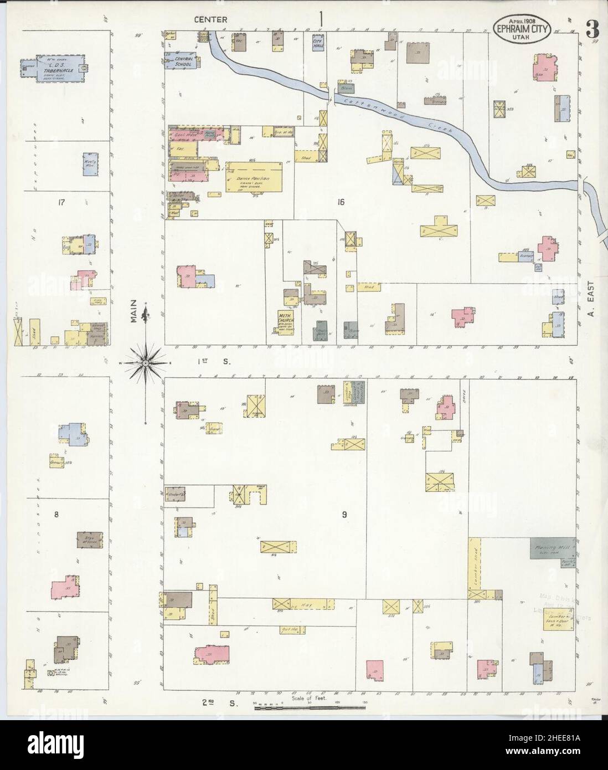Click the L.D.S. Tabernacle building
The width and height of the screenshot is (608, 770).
tap(53, 69)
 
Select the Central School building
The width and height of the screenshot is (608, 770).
tap(183, 61)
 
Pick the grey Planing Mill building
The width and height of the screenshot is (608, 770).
tap(552, 548)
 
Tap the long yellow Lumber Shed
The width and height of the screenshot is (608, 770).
tap(475, 571)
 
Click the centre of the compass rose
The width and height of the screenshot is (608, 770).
tap(146, 363)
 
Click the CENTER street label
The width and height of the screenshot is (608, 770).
tap(210, 19)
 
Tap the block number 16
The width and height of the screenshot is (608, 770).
tap(340, 202)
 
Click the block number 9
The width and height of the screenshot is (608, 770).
tap(344, 515)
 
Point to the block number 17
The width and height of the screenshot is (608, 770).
tap(61, 202)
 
